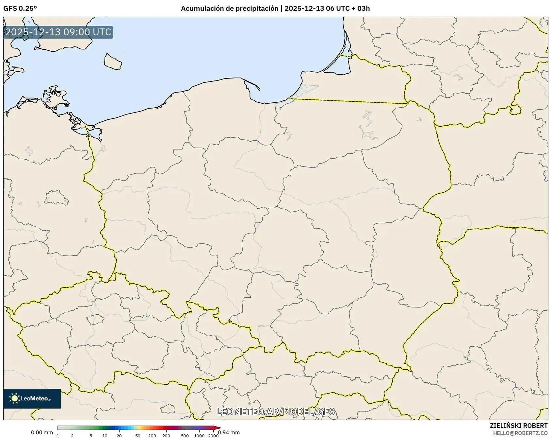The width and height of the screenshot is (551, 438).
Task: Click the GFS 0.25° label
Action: (20, 9)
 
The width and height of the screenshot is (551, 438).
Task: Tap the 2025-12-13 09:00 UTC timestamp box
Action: (58, 32)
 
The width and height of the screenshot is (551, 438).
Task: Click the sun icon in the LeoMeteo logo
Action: (14, 398)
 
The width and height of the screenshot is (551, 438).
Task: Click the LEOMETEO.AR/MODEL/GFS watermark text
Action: (276, 412)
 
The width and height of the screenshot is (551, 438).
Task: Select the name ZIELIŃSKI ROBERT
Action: (518, 426)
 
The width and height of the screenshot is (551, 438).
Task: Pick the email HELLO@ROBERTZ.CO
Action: (520, 433)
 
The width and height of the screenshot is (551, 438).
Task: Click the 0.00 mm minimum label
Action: (42, 433)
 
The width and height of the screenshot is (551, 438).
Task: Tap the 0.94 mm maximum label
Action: (229, 433)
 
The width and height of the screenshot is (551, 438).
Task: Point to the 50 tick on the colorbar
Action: (138, 436)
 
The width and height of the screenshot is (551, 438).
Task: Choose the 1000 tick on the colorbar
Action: (199, 436)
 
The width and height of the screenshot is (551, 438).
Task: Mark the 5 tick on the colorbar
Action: (91, 436)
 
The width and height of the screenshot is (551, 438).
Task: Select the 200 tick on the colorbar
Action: (166, 436)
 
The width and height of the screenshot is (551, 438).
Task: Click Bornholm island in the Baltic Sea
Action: (113, 61)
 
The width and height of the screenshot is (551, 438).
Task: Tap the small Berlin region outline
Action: (57, 198)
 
